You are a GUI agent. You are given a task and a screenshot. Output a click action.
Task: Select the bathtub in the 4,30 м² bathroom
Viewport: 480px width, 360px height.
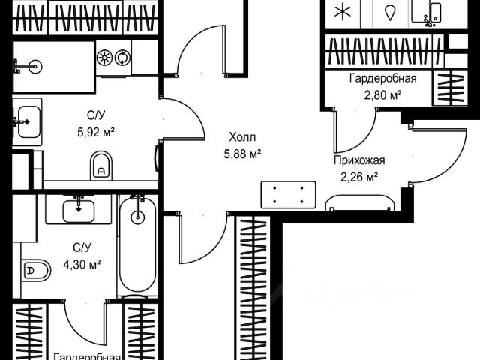click(x=137, y=246)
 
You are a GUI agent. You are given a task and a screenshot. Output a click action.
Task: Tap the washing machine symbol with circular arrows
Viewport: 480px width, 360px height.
click(x=121, y=58)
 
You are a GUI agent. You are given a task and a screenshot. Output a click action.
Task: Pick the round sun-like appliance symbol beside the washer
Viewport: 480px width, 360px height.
click(x=104, y=58)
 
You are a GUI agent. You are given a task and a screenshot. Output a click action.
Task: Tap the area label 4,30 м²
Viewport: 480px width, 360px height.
click(x=82, y=263)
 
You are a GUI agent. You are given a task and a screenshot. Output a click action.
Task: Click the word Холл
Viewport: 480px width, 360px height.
click(x=242, y=137)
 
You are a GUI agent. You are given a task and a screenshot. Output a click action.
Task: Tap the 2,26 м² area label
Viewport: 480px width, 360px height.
click(x=358, y=176)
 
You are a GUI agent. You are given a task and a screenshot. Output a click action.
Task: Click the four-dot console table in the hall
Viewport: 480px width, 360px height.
click(x=288, y=196)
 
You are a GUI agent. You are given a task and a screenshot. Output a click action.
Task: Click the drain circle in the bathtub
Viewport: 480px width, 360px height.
click(x=137, y=218)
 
